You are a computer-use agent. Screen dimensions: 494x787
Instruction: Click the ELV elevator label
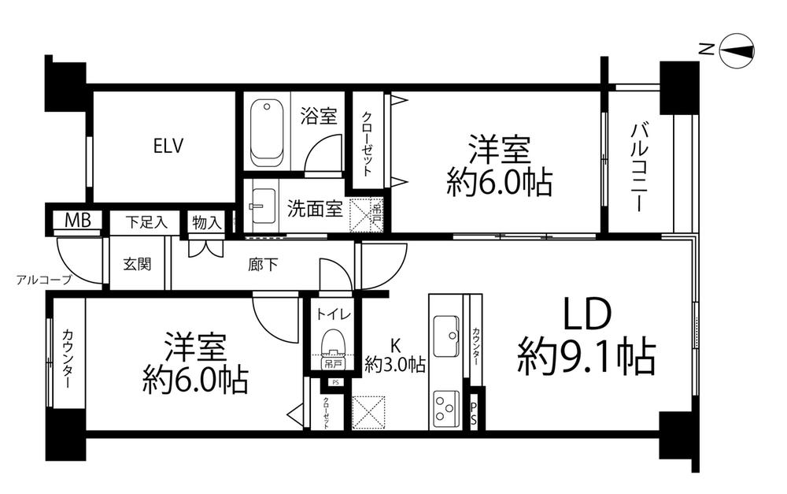tap(168, 146)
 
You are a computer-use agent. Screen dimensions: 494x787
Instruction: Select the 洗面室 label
tap(314, 210)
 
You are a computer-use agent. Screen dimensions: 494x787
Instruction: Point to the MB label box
tap(77, 221)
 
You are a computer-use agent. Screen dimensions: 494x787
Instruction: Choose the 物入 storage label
tap(206, 222)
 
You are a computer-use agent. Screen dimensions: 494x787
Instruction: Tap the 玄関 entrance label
tap(137, 265)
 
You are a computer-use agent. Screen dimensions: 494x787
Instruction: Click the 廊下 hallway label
tap(262, 265)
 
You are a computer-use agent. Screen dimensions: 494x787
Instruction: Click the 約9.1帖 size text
tap(586, 358)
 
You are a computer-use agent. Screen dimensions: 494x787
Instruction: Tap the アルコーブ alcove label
tap(43, 279)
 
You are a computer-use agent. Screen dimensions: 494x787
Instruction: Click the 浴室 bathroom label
tap(319, 117)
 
